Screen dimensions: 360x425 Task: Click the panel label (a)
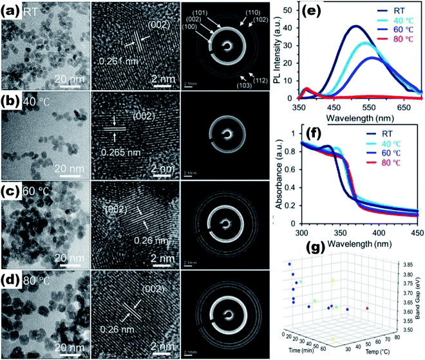pos(10,11)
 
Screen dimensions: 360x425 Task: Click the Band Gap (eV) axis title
pos(419,299)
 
